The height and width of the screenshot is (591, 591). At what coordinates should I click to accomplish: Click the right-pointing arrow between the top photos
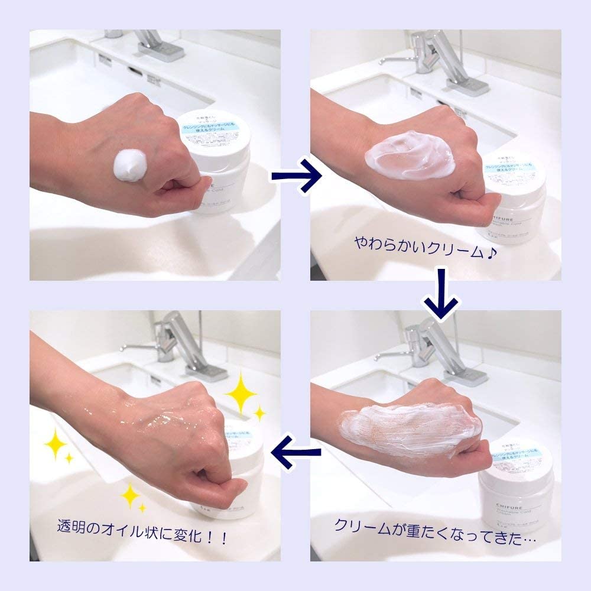(296, 175)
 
